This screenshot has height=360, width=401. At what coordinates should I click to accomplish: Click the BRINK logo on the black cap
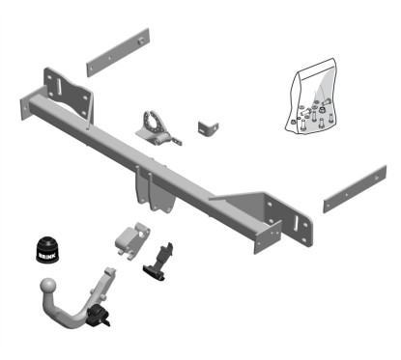coord(47,256)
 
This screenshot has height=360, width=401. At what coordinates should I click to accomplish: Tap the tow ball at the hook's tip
coord(49,286)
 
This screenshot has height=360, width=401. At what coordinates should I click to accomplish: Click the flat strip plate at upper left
coord(118,52)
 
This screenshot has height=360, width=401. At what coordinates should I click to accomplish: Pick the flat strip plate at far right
coord(355,189)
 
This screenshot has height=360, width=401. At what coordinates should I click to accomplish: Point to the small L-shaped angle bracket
coord(208,128)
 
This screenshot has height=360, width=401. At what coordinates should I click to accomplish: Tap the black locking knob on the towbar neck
coord(98,315)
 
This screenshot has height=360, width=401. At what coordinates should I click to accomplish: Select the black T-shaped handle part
coord(159,262)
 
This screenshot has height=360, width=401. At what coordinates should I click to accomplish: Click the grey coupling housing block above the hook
coord(132,240)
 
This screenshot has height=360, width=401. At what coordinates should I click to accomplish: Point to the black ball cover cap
coord(47,250)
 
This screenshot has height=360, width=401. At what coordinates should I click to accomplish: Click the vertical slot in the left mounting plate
coord(59,86)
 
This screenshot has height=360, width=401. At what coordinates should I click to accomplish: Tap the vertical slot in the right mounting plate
coord(297,223)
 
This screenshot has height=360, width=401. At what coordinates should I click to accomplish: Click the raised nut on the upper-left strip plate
coord(140,41)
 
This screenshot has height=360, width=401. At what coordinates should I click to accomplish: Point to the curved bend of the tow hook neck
coord(72,316)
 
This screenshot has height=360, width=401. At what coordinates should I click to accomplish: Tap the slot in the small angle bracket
coord(202,131)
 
